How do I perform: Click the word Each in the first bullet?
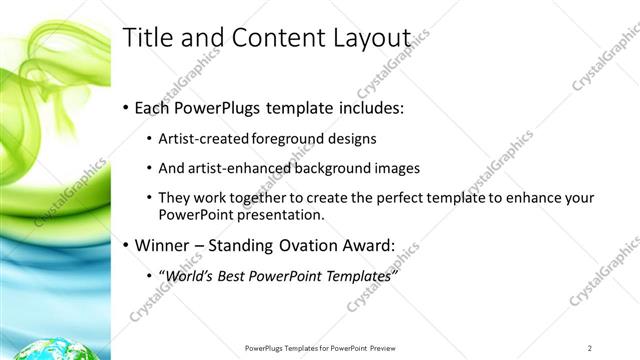click(152, 107)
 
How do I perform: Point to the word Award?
click(369, 245)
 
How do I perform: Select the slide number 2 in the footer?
click(590, 348)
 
